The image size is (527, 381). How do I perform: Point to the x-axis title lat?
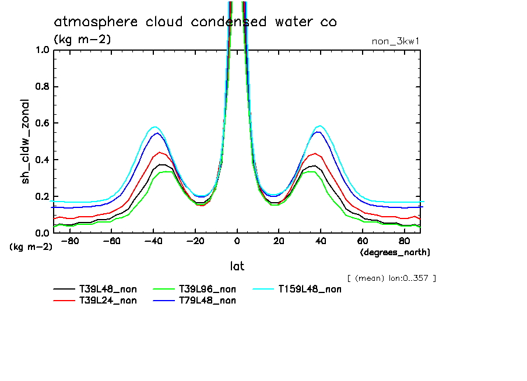point(237,266)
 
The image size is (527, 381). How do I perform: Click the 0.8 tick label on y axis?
point(43,87)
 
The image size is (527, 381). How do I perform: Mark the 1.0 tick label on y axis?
point(43,50)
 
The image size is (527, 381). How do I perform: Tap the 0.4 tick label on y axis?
point(43,160)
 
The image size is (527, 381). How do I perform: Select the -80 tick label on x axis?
point(70,241)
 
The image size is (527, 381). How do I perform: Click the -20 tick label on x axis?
point(195,241)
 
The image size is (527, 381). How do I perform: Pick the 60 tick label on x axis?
point(362,241)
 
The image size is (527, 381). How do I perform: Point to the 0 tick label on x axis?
point(237,241)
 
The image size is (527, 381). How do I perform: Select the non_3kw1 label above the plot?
point(395,41)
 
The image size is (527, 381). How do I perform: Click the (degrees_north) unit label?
point(395,252)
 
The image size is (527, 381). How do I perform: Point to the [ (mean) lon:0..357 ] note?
point(391,278)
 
